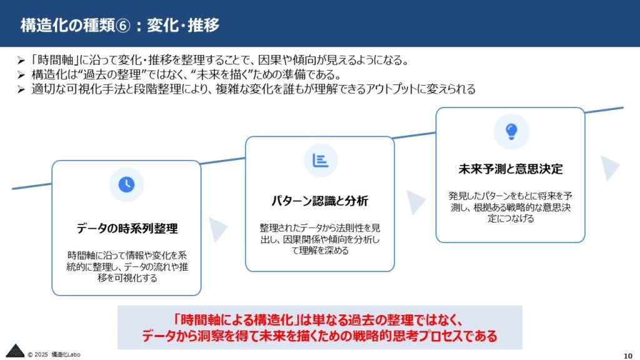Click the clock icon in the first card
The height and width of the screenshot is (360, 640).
(x=126, y=184)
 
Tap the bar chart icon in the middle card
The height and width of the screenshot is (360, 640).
(x=321, y=161)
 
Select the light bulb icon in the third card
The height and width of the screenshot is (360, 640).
(x=511, y=131)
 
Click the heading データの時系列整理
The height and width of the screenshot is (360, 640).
(x=127, y=228)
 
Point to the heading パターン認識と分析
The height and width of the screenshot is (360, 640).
(x=320, y=201)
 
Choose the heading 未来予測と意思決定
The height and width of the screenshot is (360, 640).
(x=511, y=169)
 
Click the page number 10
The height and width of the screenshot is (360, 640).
(x=627, y=356)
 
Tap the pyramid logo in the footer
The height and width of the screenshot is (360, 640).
(x=15, y=351)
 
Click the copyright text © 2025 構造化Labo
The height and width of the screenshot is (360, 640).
(x=54, y=354)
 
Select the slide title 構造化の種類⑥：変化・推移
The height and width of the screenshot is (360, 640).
(x=120, y=25)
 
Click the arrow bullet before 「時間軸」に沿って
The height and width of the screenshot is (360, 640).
(x=21, y=61)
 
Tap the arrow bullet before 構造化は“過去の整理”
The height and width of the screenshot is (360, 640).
(x=21, y=75)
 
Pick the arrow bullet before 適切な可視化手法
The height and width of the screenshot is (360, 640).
(x=21, y=89)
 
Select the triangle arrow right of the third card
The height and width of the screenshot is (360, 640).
(x=609, y=168)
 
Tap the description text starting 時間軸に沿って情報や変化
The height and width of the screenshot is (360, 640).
(x=127, y=266)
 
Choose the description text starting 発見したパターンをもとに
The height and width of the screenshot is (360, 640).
(x=511, y=207)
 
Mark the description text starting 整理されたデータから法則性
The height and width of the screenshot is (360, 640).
(x=320, y=239)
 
